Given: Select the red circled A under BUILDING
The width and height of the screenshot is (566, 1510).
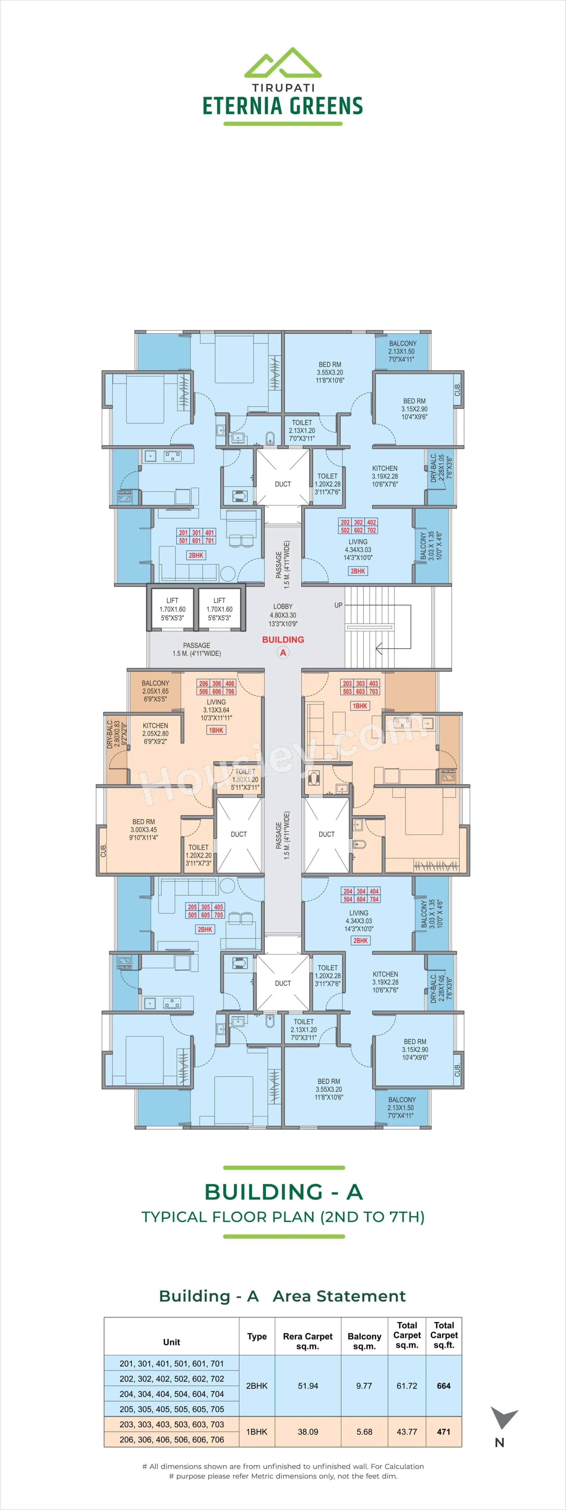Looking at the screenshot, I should click(283, 652).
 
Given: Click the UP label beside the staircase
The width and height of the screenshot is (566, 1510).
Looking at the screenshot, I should click(338, 605).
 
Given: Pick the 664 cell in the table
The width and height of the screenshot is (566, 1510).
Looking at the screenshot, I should click(444, 1386).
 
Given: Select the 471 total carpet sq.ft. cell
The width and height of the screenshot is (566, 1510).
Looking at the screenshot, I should click(444, 1431).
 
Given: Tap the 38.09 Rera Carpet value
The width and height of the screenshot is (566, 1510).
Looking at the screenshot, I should click(308, 1431).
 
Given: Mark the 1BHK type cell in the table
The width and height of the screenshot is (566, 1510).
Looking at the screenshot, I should click(257, 1431).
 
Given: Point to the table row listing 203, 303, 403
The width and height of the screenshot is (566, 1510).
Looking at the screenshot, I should click(172, 1424).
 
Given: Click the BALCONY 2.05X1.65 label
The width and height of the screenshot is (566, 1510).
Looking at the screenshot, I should click(155, 691).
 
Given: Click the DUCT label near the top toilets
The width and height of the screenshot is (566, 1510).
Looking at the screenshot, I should click(283, 484).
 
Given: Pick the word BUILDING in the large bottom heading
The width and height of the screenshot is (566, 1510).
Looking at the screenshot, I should click(263, 1192).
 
